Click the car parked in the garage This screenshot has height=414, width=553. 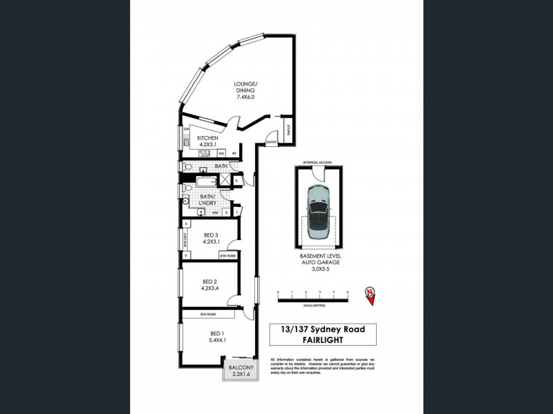point(319,212)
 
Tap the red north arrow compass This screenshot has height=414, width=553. point(371,295)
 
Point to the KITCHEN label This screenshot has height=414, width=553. point(207,141)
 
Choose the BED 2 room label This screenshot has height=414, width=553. point(211,285)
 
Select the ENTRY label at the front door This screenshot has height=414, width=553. point(271,143)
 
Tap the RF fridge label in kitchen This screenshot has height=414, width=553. point(234,153)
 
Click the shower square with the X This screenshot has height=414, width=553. point(225,181)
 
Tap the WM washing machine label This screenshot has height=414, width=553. point(206,213)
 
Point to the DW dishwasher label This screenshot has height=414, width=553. point(187,129)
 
